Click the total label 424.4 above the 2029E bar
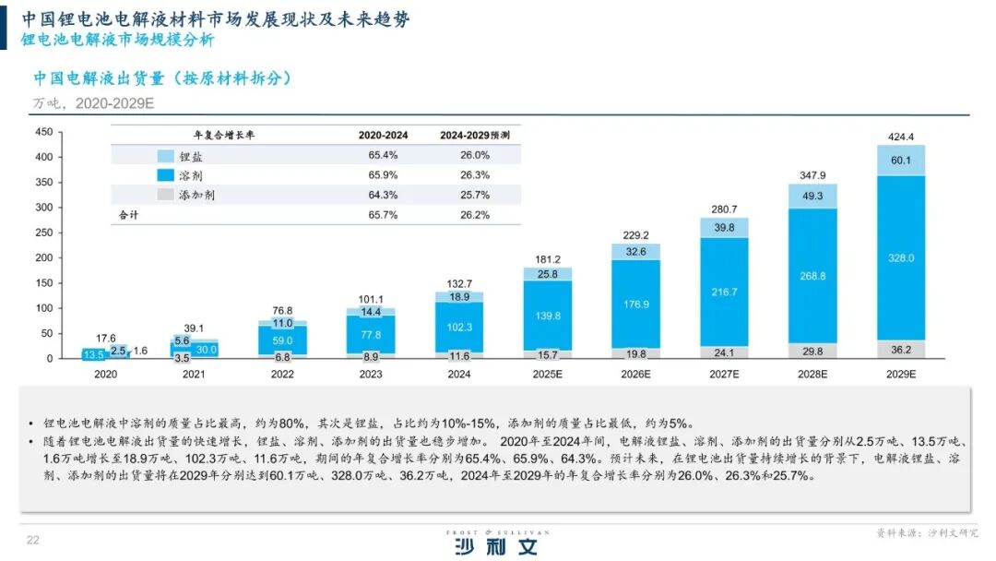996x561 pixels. click(900, 137)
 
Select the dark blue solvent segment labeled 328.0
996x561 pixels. click(900, 257)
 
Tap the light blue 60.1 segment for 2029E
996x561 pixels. click(900, 161)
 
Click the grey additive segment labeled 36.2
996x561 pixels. click(900, 350)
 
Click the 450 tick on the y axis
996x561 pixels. click(43, 132)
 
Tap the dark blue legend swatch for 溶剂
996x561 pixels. click(166, 175)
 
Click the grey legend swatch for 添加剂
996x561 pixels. click(166, 195)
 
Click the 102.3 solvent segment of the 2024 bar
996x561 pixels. click(458, 327)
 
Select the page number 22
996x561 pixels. click(32, 540)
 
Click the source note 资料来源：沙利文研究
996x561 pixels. click(926, 533)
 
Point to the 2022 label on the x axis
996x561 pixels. click(282, 374)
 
